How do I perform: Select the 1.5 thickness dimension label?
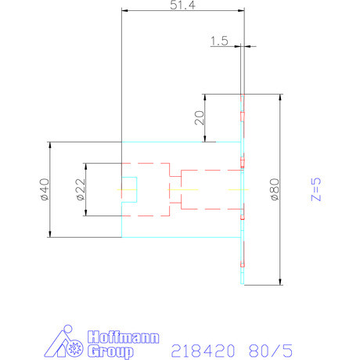click(219, 41)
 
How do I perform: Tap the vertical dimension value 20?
click(199, 117)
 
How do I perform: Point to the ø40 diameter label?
click(44, 189)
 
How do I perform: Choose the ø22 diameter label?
click(80, 189)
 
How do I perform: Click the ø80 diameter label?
click(274, 189)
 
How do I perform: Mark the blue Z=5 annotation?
click(315, 189)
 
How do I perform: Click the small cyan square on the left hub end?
click(129, 189)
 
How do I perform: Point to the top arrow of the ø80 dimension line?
click(280, 97)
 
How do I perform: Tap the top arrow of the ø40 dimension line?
click(50, 144)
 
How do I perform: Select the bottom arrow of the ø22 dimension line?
click(86, 214)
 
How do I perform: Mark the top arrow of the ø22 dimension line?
click(86, 166)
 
